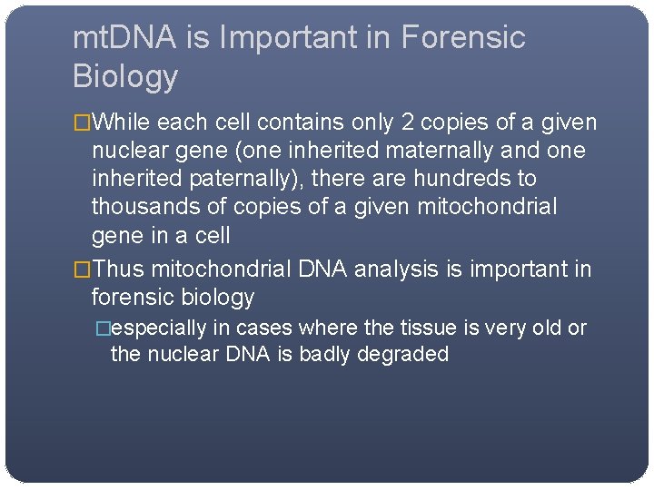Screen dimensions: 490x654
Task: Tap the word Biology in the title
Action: click(x=125, y=76)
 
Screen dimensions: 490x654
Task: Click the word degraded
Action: click(x=404, y=354)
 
